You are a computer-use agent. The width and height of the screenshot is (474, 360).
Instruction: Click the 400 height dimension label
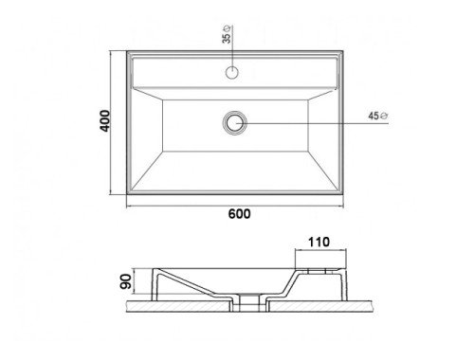(105, 121)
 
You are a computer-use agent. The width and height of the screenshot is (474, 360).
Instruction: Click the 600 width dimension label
(239, 214)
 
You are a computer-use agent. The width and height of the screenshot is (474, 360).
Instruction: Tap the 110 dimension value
(319, 243)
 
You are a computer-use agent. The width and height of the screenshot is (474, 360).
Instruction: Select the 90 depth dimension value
(126, 281)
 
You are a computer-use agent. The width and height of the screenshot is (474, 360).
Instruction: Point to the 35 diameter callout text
(227, 38)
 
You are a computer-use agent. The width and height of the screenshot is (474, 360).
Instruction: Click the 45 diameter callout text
(374, 116)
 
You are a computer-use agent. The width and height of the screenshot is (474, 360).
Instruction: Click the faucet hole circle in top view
(232, 72)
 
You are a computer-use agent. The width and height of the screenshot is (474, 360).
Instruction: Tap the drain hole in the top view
(235, 123)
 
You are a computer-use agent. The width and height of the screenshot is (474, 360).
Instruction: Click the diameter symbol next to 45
(384, 116)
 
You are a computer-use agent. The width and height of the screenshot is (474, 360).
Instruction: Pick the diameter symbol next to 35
(227, 27)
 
